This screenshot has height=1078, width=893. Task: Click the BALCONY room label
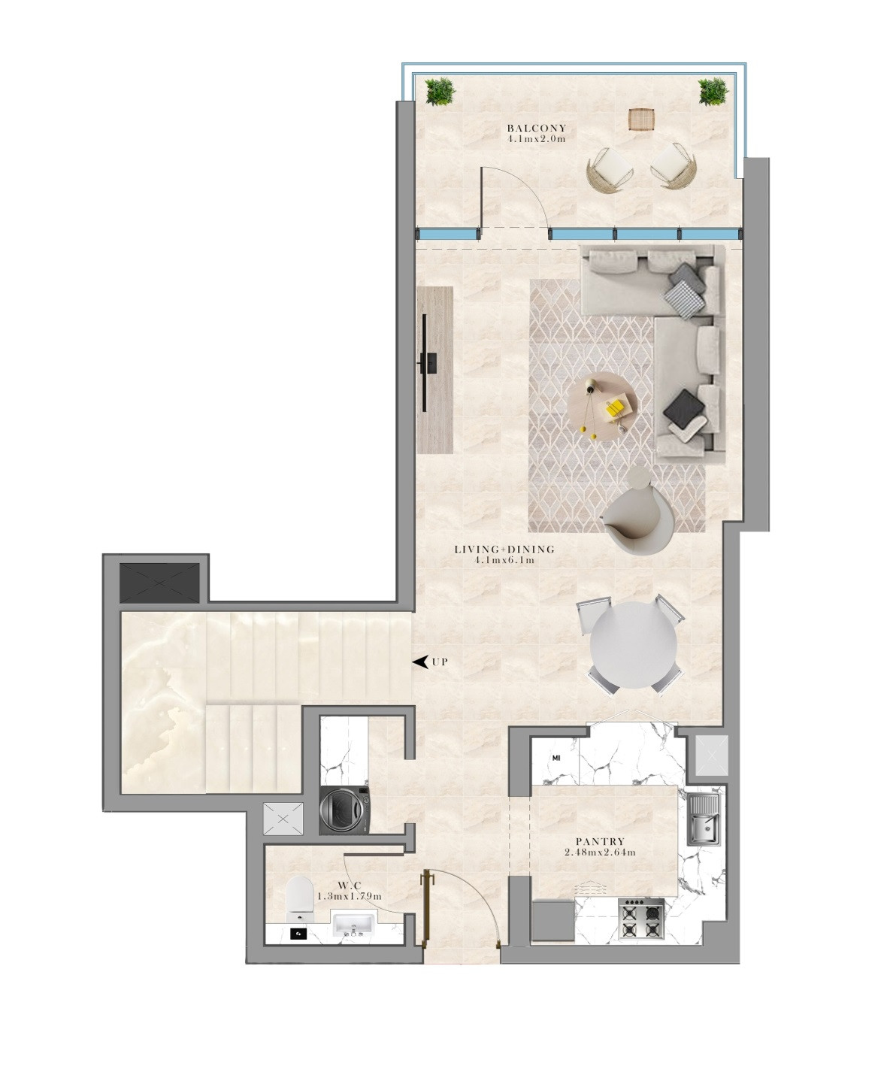(536, 128)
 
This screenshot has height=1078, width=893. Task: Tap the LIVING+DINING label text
(504, 550)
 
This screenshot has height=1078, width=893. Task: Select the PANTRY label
(601, 841)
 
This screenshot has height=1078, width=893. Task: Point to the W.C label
(350, 886)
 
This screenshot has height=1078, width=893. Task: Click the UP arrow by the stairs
(421, 662)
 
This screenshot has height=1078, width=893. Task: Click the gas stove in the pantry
(642, 919)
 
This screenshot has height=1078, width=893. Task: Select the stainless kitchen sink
(703, 820)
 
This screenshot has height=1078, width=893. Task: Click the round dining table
(634, 645)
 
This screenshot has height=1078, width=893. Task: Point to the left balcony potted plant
(440, 92)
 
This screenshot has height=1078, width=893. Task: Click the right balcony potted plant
(713, 92)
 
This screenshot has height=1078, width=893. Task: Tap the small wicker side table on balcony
(642, 120)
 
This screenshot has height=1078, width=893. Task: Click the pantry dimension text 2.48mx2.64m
(601, 852)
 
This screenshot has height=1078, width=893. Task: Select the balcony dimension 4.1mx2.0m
(536, 139)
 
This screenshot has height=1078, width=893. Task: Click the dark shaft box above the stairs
(159, 583)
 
